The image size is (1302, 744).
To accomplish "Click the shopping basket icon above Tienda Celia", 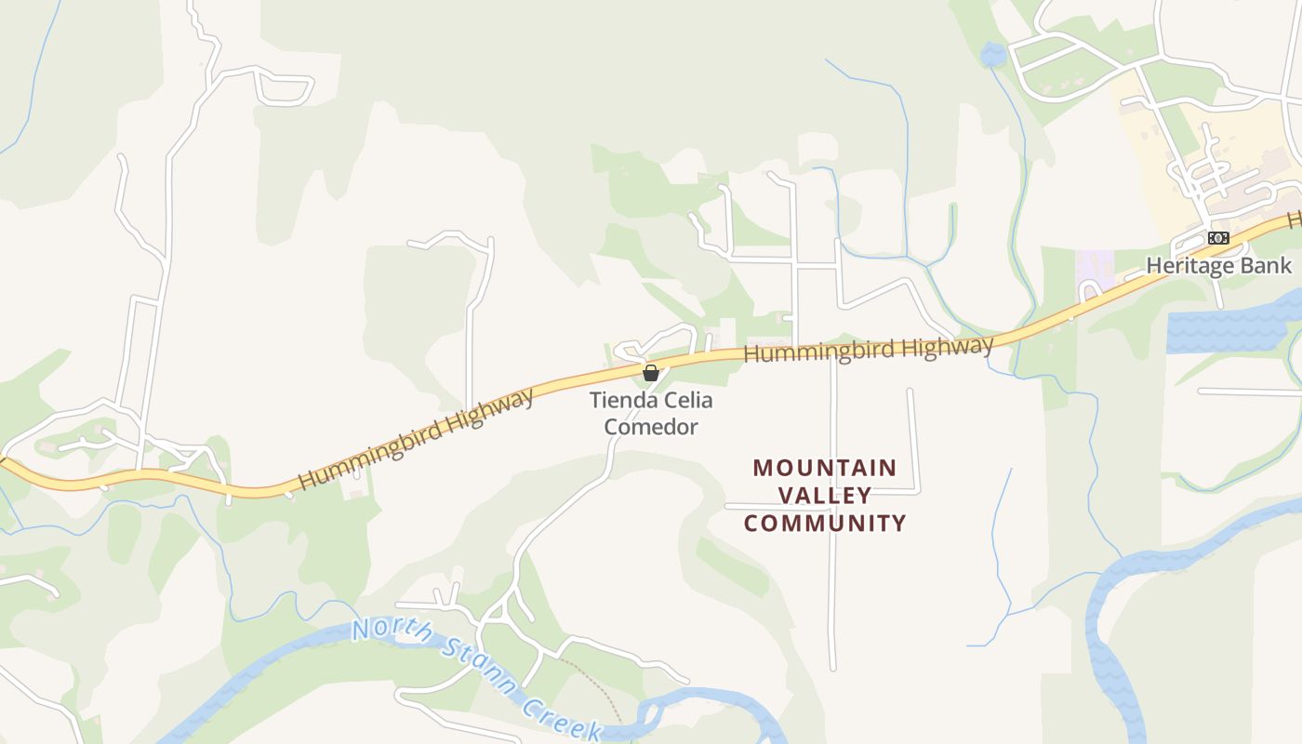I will click(651, 373).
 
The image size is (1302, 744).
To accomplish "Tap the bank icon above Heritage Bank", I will click(1218, 238).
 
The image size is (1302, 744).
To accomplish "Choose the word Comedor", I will click(651, 427).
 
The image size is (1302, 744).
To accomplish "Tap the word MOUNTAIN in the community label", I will click(825, 467).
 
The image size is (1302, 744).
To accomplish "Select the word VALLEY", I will click(825, 495).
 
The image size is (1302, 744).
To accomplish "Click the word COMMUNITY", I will click(825, 523).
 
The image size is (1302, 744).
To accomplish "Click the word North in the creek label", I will click(392, 631).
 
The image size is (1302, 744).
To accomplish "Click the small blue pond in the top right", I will click(992, 55).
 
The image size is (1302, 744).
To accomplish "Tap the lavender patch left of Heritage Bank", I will click(1094, 269).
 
